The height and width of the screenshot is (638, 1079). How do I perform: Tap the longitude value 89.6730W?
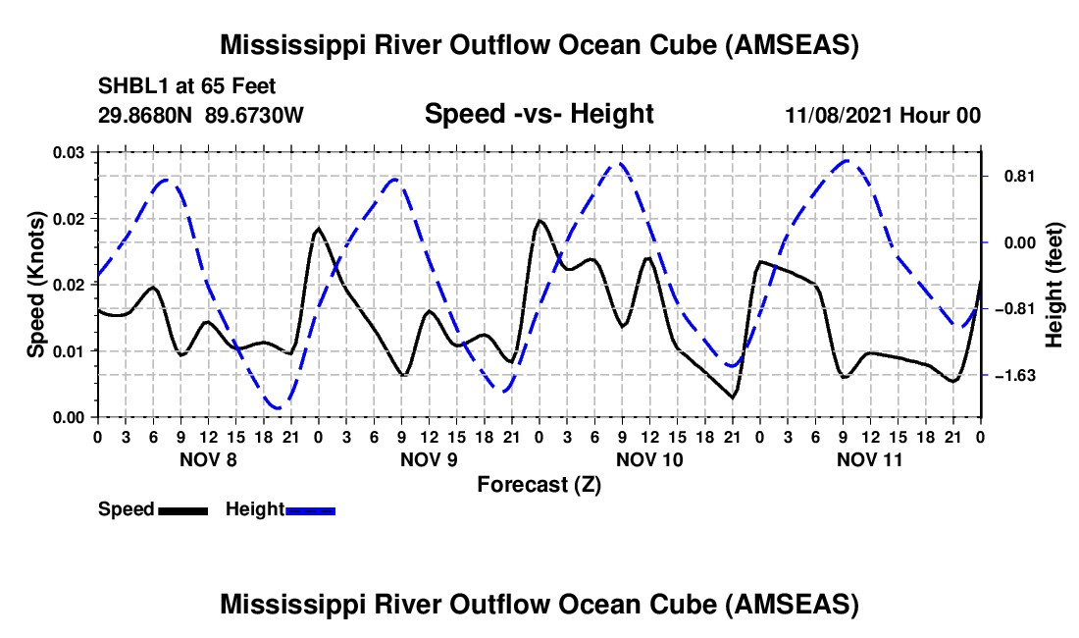click(x=255, y=115)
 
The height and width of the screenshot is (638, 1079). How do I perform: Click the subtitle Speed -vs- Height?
click(x=539, y=114)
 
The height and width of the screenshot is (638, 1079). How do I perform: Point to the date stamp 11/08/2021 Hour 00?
click(x=883, y=115)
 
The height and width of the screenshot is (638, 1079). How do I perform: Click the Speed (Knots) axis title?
click(x=36, y=284)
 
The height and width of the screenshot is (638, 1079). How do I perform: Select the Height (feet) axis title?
click(x=1054, y=285)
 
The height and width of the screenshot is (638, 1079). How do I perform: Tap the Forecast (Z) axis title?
click(x=539, y=484)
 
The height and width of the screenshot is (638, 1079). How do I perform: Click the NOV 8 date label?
click(x=208, y=459)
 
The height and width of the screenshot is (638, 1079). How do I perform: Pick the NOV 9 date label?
click(x=429, y=459)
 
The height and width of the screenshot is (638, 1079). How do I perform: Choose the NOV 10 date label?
click(x=649, y=459)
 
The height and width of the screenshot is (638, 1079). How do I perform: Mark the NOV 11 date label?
click(x=870, y=459)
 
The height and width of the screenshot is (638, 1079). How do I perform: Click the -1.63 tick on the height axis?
click(x=1018, y=376)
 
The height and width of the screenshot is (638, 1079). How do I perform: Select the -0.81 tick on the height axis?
click(x=1018, y=309)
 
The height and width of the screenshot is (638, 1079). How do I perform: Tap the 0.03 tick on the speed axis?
click(x=70, y=151)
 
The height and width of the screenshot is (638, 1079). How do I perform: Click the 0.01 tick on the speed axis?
click(x=70, y=350)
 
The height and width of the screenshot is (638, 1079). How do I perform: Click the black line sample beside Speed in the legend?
click(x=182, y=510)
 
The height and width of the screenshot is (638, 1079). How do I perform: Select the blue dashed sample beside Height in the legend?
click(x=311, y=510)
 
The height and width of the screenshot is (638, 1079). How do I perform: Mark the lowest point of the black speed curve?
click(x=732, y=398)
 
